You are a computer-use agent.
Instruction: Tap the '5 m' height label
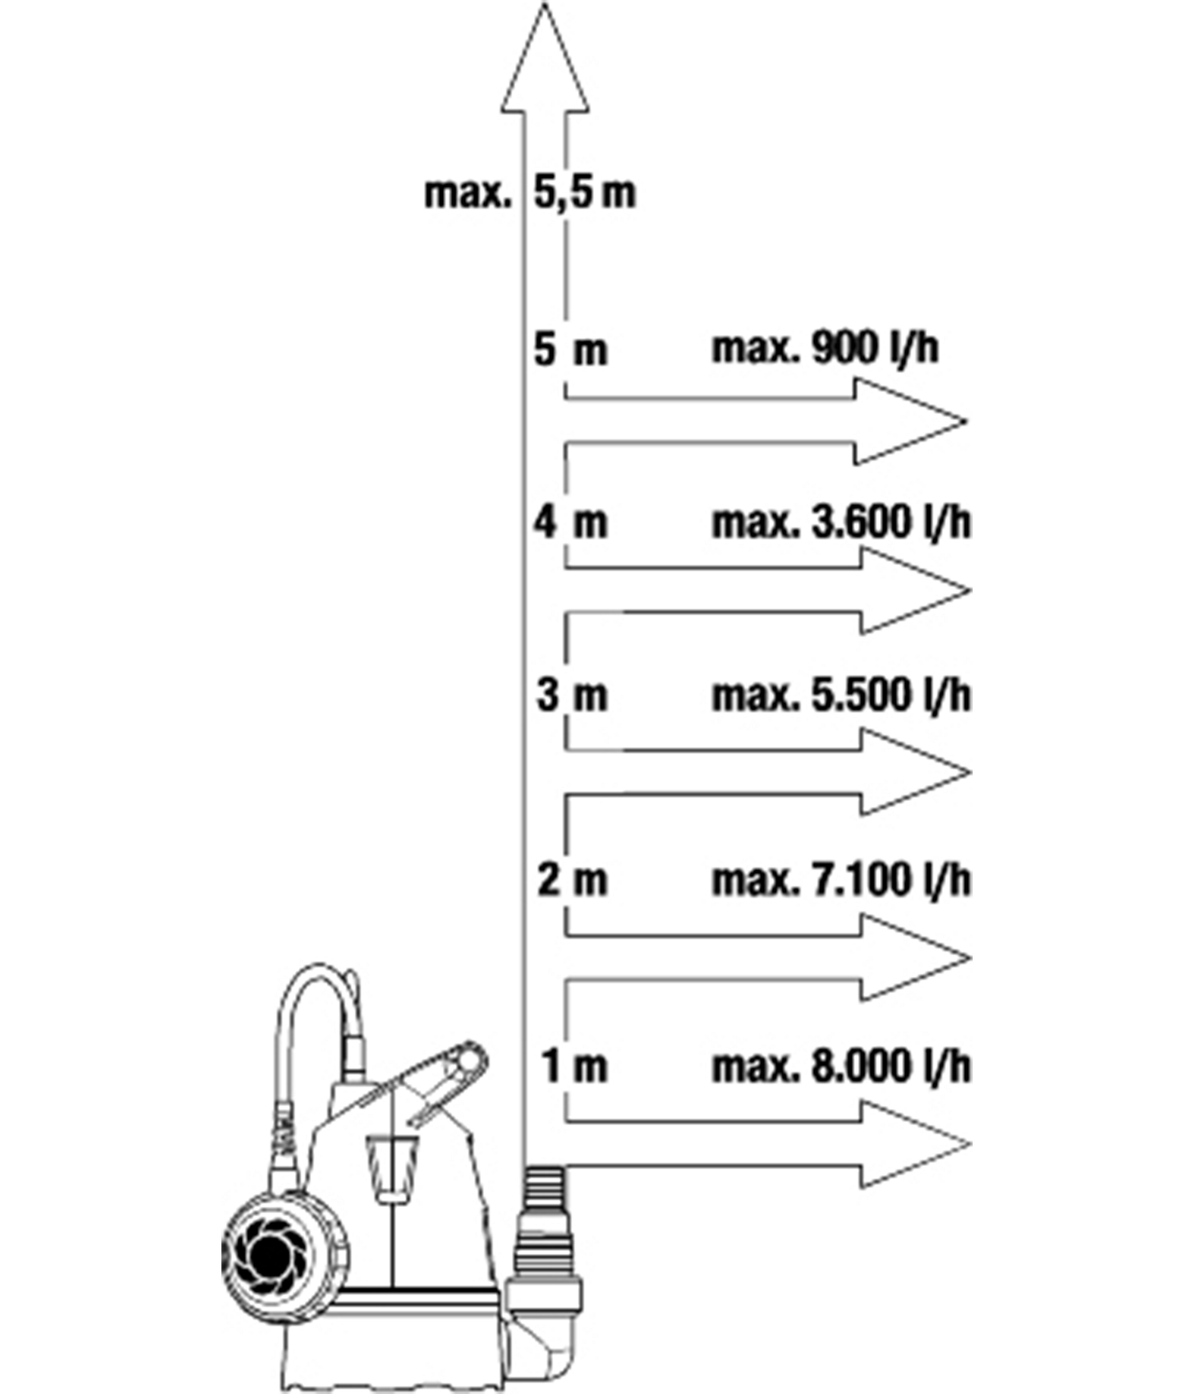pyautogui.click(x=570, y=350)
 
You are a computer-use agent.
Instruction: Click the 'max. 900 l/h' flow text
pyautogui.click(x=825, y=348)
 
